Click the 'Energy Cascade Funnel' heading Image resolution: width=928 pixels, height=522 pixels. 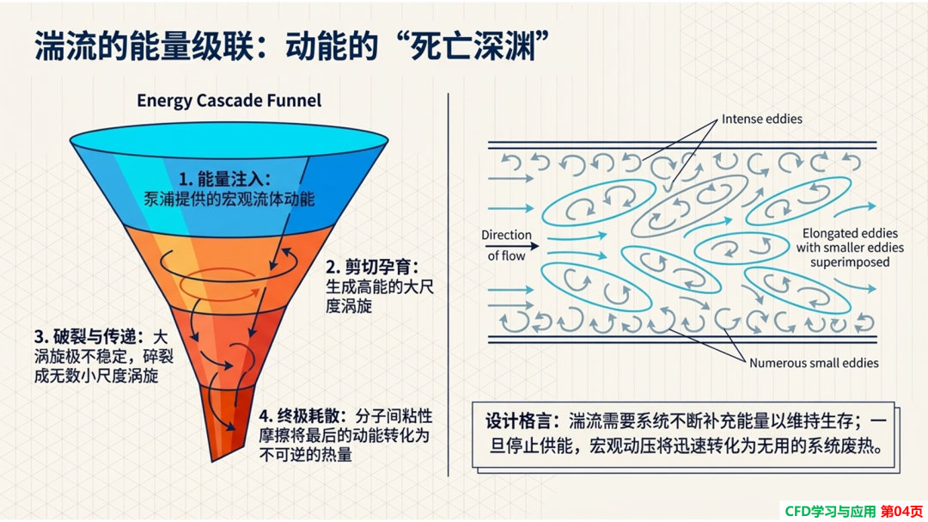coord(229,100)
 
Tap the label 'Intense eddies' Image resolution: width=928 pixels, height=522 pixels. coord(761,119)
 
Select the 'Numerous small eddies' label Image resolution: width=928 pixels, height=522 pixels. coord(814,363)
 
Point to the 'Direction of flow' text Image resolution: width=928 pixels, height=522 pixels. coord(506,245)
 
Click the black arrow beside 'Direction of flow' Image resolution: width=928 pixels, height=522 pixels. coord(512,246)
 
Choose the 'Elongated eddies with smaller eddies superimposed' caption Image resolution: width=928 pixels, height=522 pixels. coord(850,248)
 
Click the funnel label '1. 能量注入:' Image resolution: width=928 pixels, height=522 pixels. coord(225,179)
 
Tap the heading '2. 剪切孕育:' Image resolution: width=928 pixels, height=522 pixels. coord(372,267)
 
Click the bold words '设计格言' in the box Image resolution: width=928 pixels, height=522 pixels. coord(517,421)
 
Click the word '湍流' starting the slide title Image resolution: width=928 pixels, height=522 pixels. coord(65,46)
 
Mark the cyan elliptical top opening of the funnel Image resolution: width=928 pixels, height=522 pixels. coord(229,141)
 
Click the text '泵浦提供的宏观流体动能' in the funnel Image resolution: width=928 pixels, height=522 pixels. coord(229,200)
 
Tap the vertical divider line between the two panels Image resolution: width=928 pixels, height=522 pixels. coord(448,285)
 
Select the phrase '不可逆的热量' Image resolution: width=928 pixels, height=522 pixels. coord(305,455)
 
